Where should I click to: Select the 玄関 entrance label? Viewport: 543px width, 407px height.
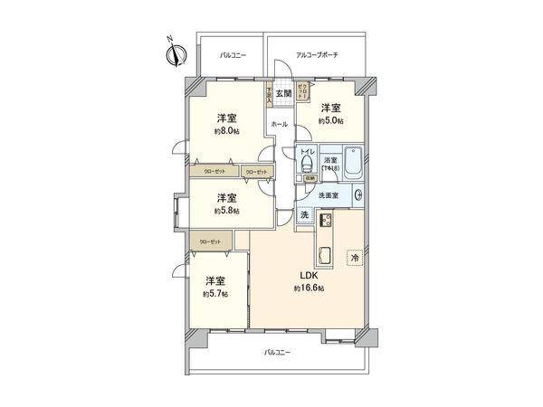coord(284,93)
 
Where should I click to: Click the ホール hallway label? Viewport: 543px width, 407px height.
coord(280,124)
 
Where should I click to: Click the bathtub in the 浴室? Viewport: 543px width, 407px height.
coord(354,162)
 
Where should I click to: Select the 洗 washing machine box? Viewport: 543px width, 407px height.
coord(306,215)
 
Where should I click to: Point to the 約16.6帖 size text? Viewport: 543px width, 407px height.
coord(309,289)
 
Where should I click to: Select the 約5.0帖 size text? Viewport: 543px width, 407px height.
coord(331,120)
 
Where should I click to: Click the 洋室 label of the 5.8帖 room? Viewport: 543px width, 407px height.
coord(227,197)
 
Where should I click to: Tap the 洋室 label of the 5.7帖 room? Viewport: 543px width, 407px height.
coord(215,280)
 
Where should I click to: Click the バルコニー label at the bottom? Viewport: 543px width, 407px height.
coord(278,352)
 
